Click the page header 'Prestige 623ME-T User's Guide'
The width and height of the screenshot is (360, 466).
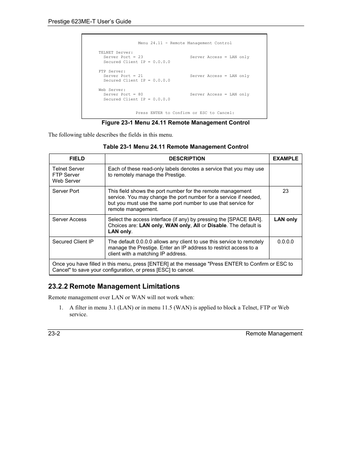[89, 22]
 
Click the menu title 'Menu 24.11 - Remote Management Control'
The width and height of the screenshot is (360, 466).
[185, 43]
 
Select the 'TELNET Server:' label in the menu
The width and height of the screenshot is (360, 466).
[115, 52]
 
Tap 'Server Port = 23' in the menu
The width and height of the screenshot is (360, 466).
[123, 57]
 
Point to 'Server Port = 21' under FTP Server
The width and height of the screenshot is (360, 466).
[123, 76]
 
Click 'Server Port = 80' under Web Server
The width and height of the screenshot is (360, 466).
[123, 94]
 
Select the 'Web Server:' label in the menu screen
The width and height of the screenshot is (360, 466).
[112, 90]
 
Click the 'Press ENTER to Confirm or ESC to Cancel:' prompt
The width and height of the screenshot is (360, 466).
[185, 113]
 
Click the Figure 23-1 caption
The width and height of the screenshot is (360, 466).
[175, 123]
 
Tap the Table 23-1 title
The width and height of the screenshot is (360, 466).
[175, 147]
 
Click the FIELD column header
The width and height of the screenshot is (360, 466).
[77, 159]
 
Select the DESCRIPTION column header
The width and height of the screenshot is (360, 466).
[187, 159]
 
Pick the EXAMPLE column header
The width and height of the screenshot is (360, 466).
[285, 159]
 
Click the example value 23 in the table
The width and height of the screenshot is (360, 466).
[285, 191]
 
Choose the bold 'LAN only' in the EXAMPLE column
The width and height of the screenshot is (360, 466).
[285, 220]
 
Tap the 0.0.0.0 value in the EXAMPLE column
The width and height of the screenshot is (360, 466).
[285, 242]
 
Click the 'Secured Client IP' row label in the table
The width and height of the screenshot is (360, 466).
[73, 242]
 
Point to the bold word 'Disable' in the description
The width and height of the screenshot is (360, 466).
[217, 226]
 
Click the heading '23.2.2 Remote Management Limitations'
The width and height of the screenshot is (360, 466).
[114, 286]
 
